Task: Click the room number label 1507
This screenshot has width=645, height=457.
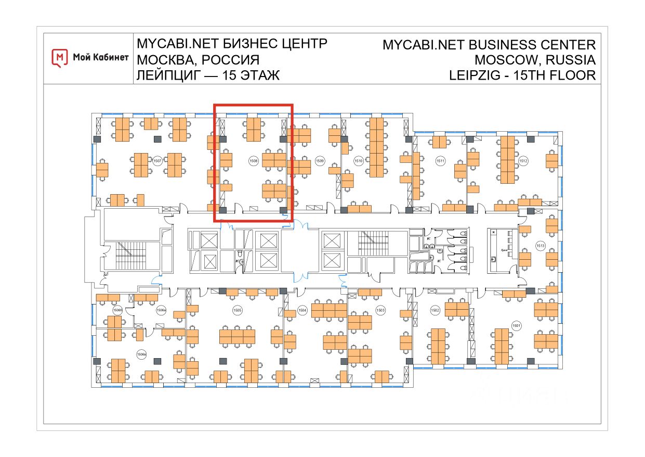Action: [x=157, y=160]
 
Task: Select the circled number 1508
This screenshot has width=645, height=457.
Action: [x=254, y=161]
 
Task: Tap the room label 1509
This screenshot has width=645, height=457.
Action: [x=320, y=161]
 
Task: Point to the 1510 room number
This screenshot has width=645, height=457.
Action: [x=358, y=161]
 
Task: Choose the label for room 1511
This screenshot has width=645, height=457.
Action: [x=440, y=161]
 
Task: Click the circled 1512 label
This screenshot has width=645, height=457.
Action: [x=523, y=161]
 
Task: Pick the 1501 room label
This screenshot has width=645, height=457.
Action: [x=516, y=325]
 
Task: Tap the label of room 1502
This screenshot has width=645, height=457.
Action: [x=435, y=310]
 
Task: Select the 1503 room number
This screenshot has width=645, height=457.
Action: [x=380, y=310]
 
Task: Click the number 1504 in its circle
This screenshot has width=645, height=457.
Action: [x=302, y=310]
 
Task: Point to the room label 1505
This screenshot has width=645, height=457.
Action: [x=237, y=310]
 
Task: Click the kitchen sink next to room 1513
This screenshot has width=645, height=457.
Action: [x=494, y=259]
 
